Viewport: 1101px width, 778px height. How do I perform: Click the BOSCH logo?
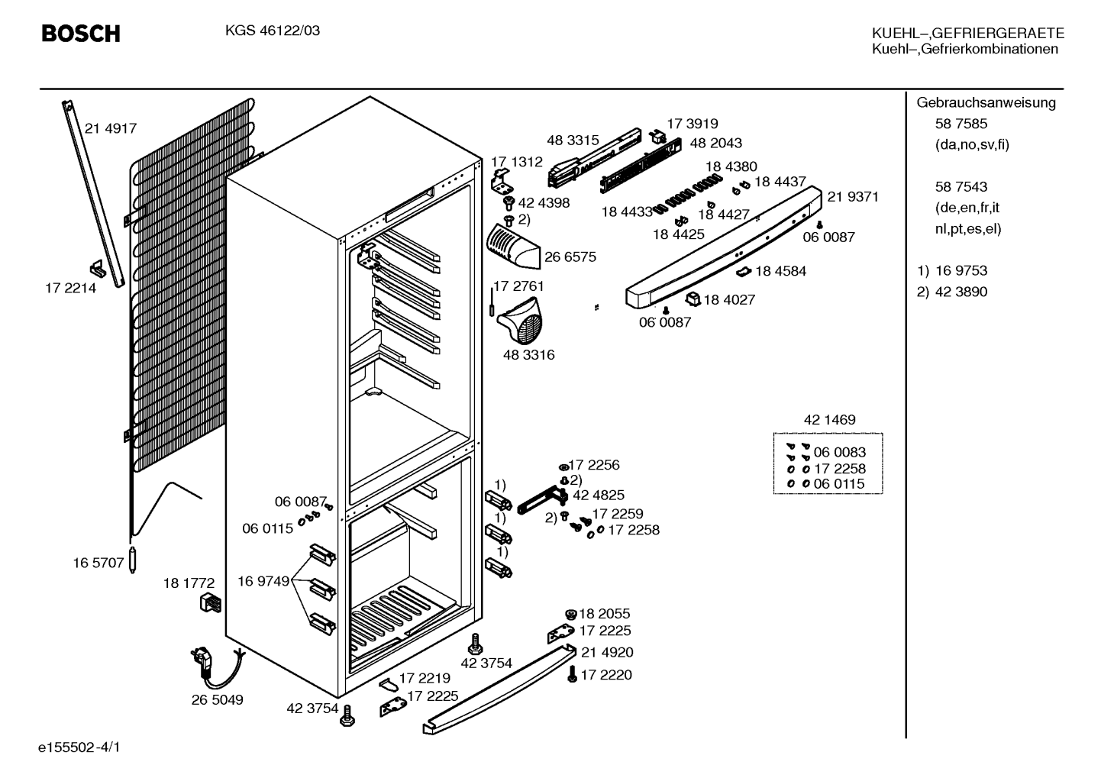tap(81, 34)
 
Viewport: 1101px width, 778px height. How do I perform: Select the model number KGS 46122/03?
tap(273, 31)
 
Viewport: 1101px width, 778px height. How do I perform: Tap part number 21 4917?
tap(111, 128)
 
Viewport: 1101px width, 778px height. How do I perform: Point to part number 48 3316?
tap(528, 354)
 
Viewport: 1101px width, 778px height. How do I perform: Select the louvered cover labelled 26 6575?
tap(512, 247)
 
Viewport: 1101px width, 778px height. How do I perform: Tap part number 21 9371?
tap(852, 196)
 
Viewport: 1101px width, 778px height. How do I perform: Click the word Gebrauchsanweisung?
tap(986, 103)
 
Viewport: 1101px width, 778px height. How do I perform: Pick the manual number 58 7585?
tap(961, 124)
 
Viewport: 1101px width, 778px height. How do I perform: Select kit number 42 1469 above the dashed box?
tap(830, 420)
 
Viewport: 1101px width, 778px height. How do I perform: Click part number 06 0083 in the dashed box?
tap(840, 452)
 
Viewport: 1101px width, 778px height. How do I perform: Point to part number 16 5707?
tap(98, 563)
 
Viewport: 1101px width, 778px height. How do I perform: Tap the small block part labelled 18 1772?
tap(211, 602)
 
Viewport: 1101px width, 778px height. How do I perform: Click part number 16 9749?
tap(263, 582)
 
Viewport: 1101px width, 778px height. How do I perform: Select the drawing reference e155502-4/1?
tap(79, 747)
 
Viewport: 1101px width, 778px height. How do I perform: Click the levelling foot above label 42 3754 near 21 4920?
tap(475, 644)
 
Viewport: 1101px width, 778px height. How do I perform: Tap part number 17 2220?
tap(606, 675)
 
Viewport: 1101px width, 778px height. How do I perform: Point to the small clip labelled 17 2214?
tap(98, 268)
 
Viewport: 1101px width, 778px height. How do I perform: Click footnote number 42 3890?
tap(961, 292)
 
